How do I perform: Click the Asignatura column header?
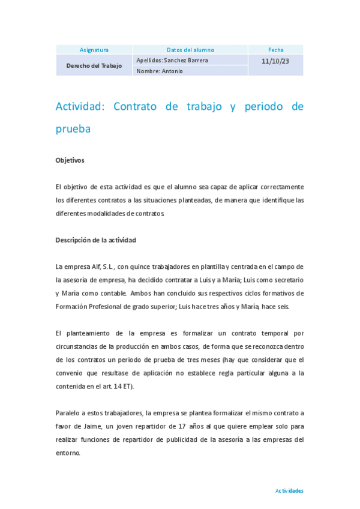pyautogui.click(x=94, y=50)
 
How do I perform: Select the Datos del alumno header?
pyautogui.click(x=190, y=50)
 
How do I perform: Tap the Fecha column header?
pyautogui.click(x=276, y=50)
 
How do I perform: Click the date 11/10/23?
pyautogui.click(x=276, y=61)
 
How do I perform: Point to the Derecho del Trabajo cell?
pyautogui.click(x=94, y=65)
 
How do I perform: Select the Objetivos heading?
pyautogui.click(x=70, y=161)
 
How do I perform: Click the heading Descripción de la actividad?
pyautogui.click(x=96, y=240)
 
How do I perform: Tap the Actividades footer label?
pyautogui.click(x=289, y=490)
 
